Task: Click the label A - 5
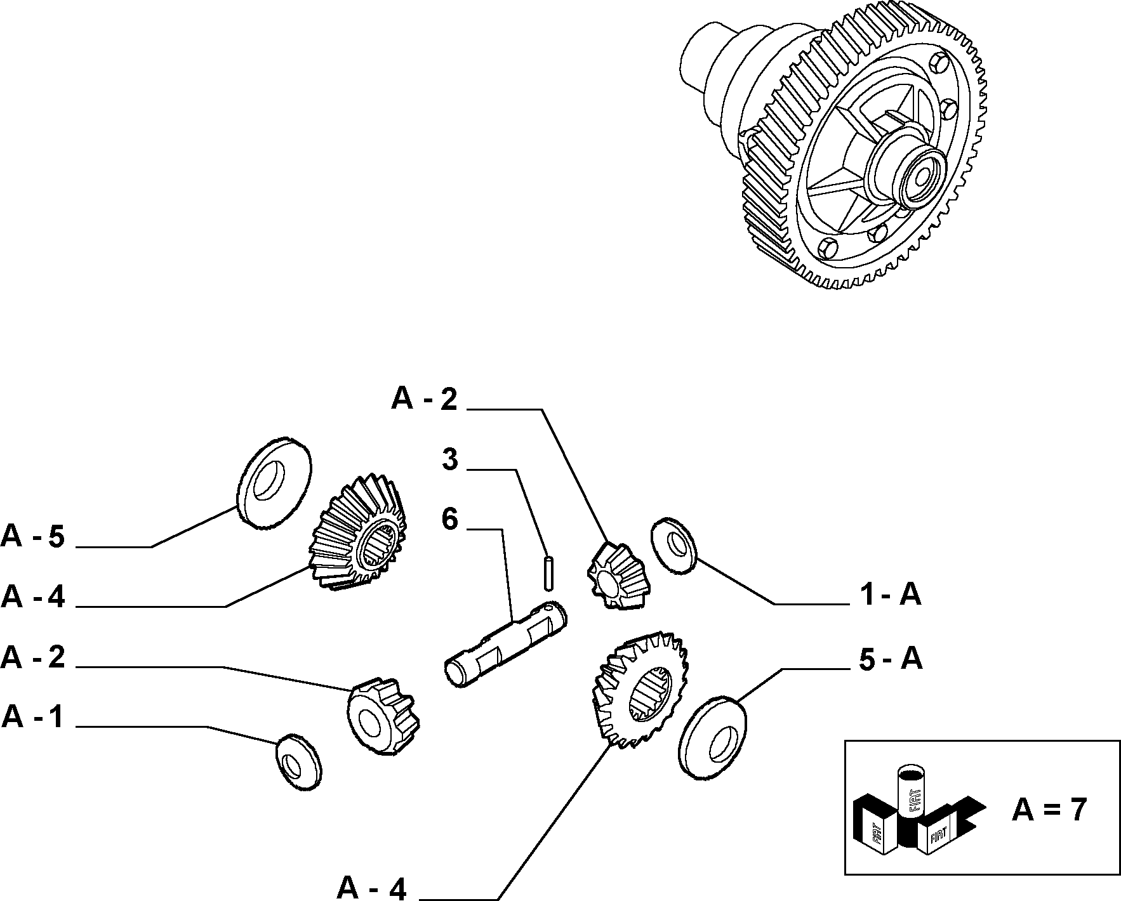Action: click(x=33, y=537)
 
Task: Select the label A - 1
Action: click(x=33, y=717)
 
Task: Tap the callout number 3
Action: click(x=449, y=459)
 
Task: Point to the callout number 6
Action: click(x=449, y=519)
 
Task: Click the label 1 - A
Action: click(x=890, y=595)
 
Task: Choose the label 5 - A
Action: click(x=891, y=659)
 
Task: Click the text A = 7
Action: click(x=1049, y=810)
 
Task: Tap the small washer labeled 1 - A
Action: click(x=674, y=546)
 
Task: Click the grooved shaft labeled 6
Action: click(x=505, y=643)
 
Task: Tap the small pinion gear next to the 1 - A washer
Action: click(x=615, y=575)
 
